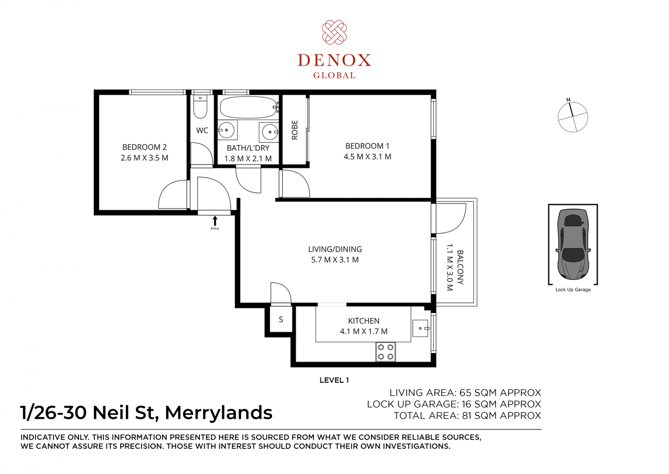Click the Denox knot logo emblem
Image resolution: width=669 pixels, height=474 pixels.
[334, 32]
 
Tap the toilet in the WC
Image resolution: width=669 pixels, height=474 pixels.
[200, 106]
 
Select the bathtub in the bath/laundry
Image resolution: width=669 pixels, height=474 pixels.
[248, 107]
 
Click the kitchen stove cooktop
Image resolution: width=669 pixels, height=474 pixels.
[385, 352]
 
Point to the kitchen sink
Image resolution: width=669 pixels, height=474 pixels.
[420, 328]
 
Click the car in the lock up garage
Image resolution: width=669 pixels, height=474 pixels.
[573, 244]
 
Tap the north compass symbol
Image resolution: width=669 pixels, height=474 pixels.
[572, 116]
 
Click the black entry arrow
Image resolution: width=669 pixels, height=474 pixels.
[215, 221]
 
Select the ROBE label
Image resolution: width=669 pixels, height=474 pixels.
[295, 130]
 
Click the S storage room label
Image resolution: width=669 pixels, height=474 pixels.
[281, 319]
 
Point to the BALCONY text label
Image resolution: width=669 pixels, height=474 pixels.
[460, 267]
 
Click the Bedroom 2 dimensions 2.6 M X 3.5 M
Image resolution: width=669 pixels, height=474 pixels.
[145, 158]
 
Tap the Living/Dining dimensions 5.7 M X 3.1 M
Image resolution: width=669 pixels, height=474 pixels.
[335, 260]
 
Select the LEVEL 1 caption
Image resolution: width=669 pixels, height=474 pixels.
[334, 380]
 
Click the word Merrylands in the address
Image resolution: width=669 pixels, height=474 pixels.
[218, 413]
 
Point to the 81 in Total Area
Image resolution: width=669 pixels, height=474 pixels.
[467, 416]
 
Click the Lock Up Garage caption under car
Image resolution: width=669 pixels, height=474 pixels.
[573, 289]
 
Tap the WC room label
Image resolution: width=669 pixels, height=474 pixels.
[202, 130]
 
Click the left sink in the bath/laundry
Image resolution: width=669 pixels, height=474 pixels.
[227, 130]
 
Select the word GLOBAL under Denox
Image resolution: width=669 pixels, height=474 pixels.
[334, 75]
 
